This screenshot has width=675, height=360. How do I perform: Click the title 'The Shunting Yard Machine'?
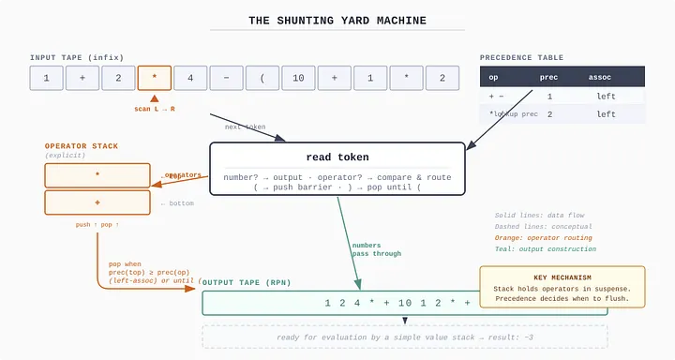(337, 21)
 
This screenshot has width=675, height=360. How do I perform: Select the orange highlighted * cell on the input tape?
(155, 78)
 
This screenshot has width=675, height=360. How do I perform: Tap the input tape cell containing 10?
(298, 78)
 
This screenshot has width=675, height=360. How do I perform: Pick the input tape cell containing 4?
(190, 78)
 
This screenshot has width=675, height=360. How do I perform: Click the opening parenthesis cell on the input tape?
(262, 78)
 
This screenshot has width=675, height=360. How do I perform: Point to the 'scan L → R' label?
(155, 109)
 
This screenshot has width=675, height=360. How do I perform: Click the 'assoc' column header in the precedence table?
(599, 77)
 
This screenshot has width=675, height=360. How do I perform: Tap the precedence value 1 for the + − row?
(549, 96)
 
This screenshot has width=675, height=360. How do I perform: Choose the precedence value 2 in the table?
(549, 113)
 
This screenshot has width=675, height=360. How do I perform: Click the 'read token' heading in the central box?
(337, 157)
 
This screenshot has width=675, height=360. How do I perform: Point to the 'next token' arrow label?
(244, 127)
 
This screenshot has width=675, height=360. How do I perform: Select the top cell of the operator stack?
(97, 175)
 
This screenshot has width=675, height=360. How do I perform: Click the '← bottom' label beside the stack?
(176, 202)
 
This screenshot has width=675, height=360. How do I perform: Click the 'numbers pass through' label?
(377, 249)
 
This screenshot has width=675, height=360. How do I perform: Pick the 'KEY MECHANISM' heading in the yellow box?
(562, 278)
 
